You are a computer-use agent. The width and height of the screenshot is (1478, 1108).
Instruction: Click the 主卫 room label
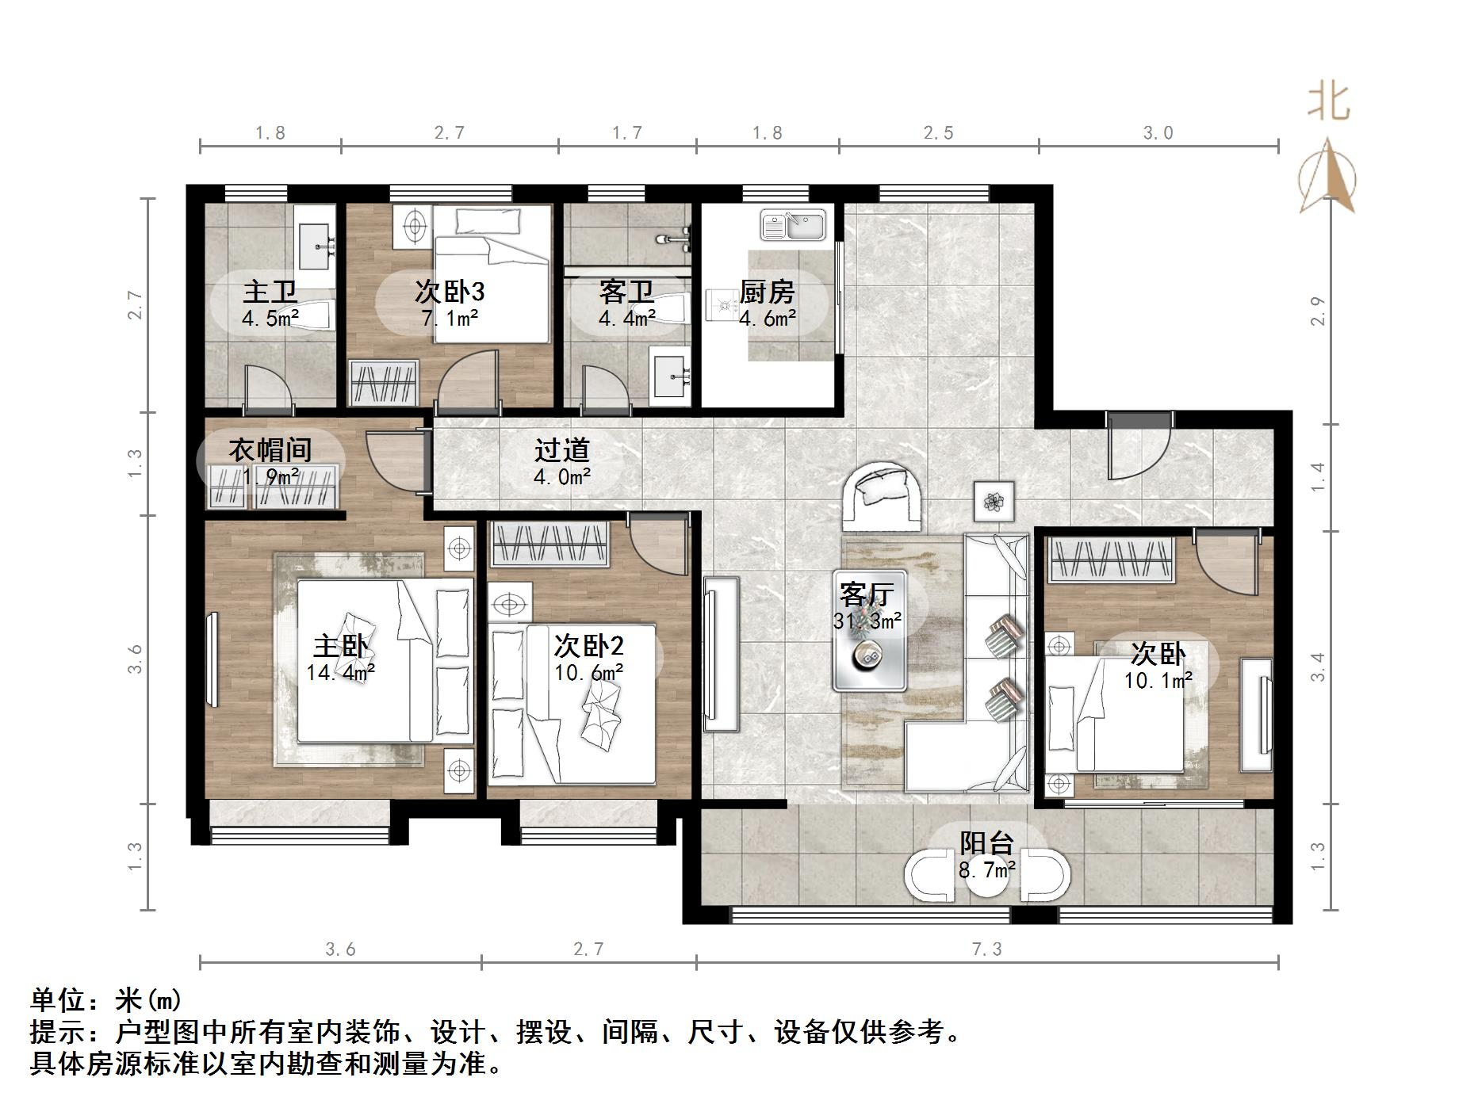click(270, 292)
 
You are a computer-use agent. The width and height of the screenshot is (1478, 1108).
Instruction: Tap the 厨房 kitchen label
click(767, 292)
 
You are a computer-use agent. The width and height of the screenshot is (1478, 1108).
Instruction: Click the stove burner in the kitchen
click(722, 305)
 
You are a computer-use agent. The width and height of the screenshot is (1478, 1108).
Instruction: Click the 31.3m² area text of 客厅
click(867, 621)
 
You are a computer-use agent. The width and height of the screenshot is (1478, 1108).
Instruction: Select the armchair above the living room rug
click(883, 496)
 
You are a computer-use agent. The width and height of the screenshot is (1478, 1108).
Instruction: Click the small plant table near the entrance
click(994, 501)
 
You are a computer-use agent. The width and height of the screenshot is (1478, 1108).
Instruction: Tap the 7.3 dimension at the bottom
click(986, 949)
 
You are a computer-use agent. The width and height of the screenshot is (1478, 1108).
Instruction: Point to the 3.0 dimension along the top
click(1158, 132)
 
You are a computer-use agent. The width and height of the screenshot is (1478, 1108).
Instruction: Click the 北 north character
click(1328, 103)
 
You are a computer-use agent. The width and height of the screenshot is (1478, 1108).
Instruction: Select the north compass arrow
click(1328, 177)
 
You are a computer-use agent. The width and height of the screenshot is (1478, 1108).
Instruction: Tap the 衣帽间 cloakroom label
click(270, 450)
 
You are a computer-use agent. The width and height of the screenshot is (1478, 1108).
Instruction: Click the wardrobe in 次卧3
click(384, 384)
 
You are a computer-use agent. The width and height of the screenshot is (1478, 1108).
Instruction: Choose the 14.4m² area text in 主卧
click(340, 673)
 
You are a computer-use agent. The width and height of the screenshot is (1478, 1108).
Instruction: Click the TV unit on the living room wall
click(720, 654)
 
